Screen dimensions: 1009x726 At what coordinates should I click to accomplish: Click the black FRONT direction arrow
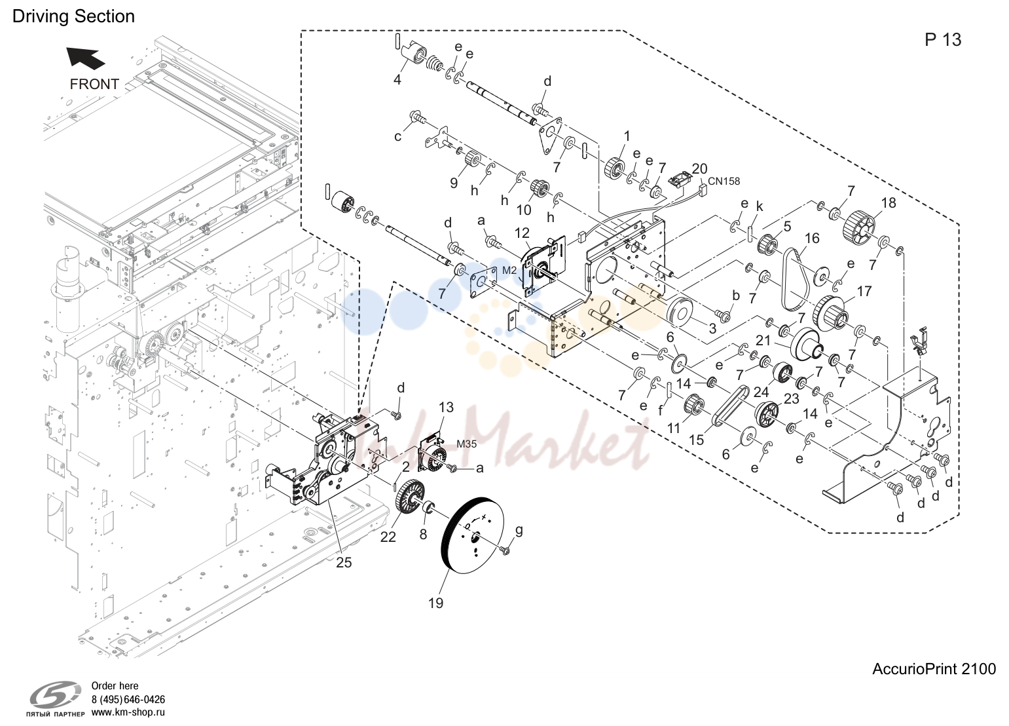(x=86, y=58)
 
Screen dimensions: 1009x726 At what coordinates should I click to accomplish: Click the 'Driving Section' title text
(x=73, y=16)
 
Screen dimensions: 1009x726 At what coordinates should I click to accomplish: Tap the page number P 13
(x=943, y=40)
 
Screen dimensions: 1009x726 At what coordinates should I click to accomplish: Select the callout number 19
(x=435, y=603)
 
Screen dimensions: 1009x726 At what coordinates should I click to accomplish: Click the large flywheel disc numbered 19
(x=473, y=535)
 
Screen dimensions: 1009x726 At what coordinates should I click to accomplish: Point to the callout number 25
(x=344, y=562)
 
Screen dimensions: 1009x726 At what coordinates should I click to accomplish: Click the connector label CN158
(x=724, y=181)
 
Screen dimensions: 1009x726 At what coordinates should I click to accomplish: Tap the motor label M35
(x=466, y=444)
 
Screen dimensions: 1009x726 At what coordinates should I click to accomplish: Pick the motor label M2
(x=509, y=271)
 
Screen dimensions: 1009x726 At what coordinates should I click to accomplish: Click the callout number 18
(x=889, y=203)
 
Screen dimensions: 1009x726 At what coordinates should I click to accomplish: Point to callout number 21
(x=763, y=341)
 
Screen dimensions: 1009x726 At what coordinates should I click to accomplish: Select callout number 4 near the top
(x=397, y=80)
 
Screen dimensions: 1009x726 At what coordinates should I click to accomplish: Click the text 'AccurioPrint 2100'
(x=934, y=668)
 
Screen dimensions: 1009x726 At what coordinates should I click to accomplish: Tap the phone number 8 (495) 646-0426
(x=128, y=700)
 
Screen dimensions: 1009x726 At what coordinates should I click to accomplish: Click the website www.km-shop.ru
(x=128, y=712)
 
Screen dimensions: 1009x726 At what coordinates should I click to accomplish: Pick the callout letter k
(x=760, y=206)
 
